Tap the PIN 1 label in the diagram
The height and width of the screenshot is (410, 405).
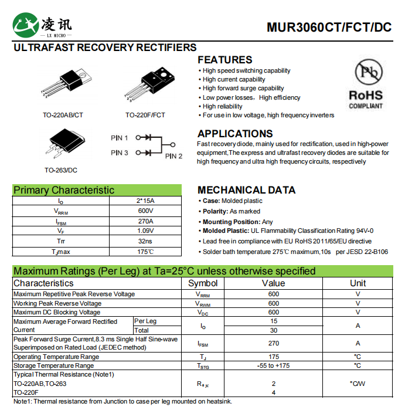pos(119,138)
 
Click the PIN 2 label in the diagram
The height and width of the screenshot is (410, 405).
pos(173,156)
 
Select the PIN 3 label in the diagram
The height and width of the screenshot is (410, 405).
pos(119,153)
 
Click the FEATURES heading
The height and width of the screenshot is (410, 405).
pos(224,60)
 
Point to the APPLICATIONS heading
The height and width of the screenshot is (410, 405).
pos(235,134)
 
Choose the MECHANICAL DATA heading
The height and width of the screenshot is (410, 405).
pos(246,190)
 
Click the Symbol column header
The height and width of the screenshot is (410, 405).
pos(203,283)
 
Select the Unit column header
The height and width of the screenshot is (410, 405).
pos(358,283)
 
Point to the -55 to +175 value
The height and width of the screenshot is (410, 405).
pos(273,365)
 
